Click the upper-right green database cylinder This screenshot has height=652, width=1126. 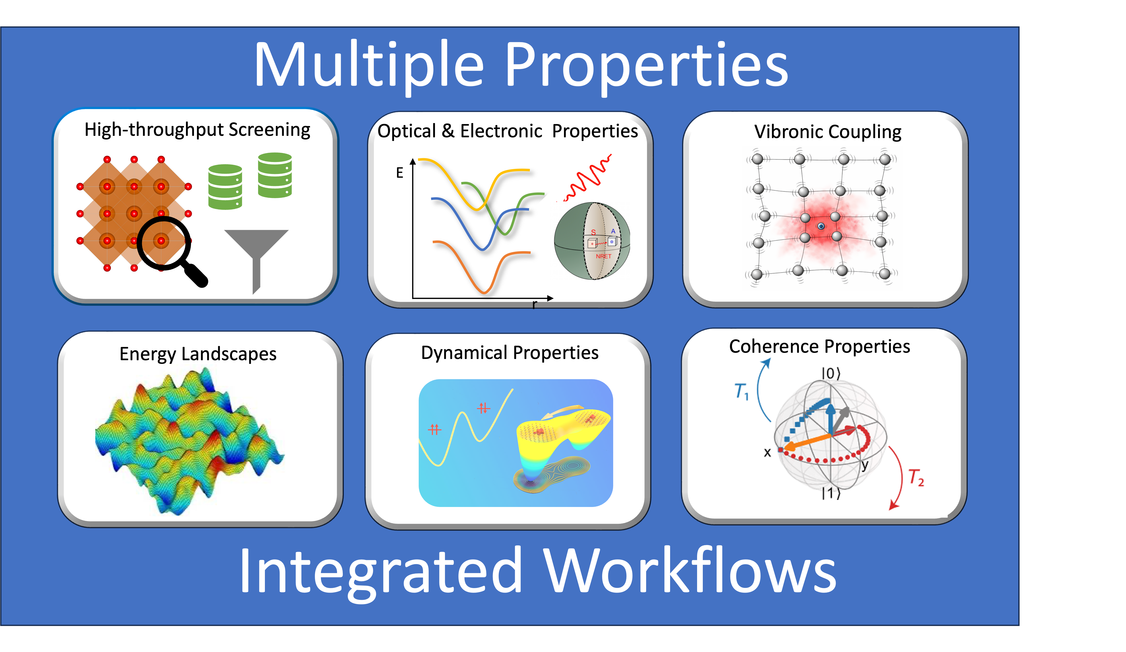pyautogui.click(x=275, y=175)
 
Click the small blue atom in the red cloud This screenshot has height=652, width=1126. pyautogui.click(x=821, y=226)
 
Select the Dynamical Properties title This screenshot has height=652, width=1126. pyautogui.click(x=510, y=353)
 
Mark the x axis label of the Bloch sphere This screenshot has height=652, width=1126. pyautogui.click(x=767, y=453)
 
